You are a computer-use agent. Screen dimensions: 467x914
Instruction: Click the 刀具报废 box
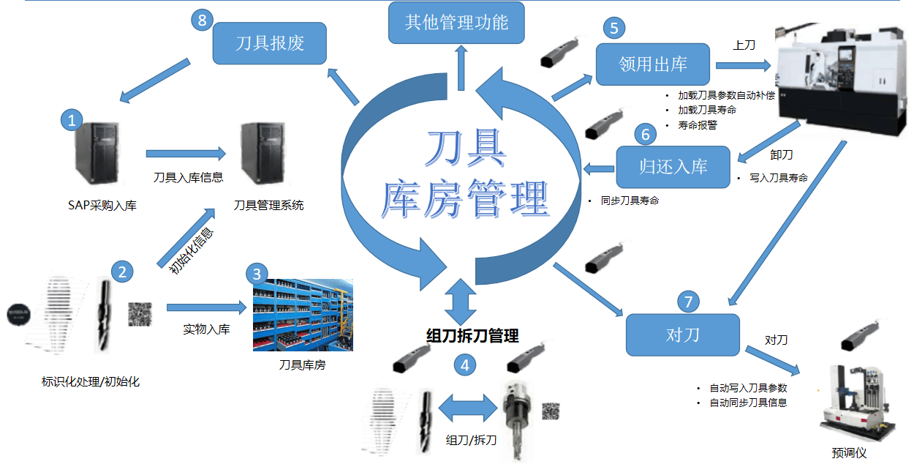[x=269, y=43]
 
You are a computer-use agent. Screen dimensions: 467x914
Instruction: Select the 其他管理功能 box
[x=457, y=22]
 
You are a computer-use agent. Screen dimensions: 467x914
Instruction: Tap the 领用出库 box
[x=653, y=64]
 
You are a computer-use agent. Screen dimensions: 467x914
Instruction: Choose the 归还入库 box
[x=673, y=166]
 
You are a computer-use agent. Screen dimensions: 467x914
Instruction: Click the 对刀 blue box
[x=683, y=335]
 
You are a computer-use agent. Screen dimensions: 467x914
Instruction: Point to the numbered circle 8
[x=202, y=20]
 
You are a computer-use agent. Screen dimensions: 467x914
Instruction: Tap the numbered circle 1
[x=71, y=120]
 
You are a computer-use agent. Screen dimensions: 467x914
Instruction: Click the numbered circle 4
[x=463, y=364]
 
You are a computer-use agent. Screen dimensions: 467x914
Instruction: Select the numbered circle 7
[x=688, y=301]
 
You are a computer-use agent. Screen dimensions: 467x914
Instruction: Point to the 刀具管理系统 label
[x=268, y=206]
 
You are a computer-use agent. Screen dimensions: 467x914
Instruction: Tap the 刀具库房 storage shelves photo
[x=303, y=315]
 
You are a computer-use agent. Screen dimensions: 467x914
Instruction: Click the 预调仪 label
[x=849, y=453]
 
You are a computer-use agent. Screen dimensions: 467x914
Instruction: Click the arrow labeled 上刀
[x=744, y=65]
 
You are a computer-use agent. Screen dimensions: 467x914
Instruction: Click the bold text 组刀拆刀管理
[x=472, y=336]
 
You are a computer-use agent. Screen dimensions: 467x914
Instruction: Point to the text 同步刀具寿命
[x=629, y=200]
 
